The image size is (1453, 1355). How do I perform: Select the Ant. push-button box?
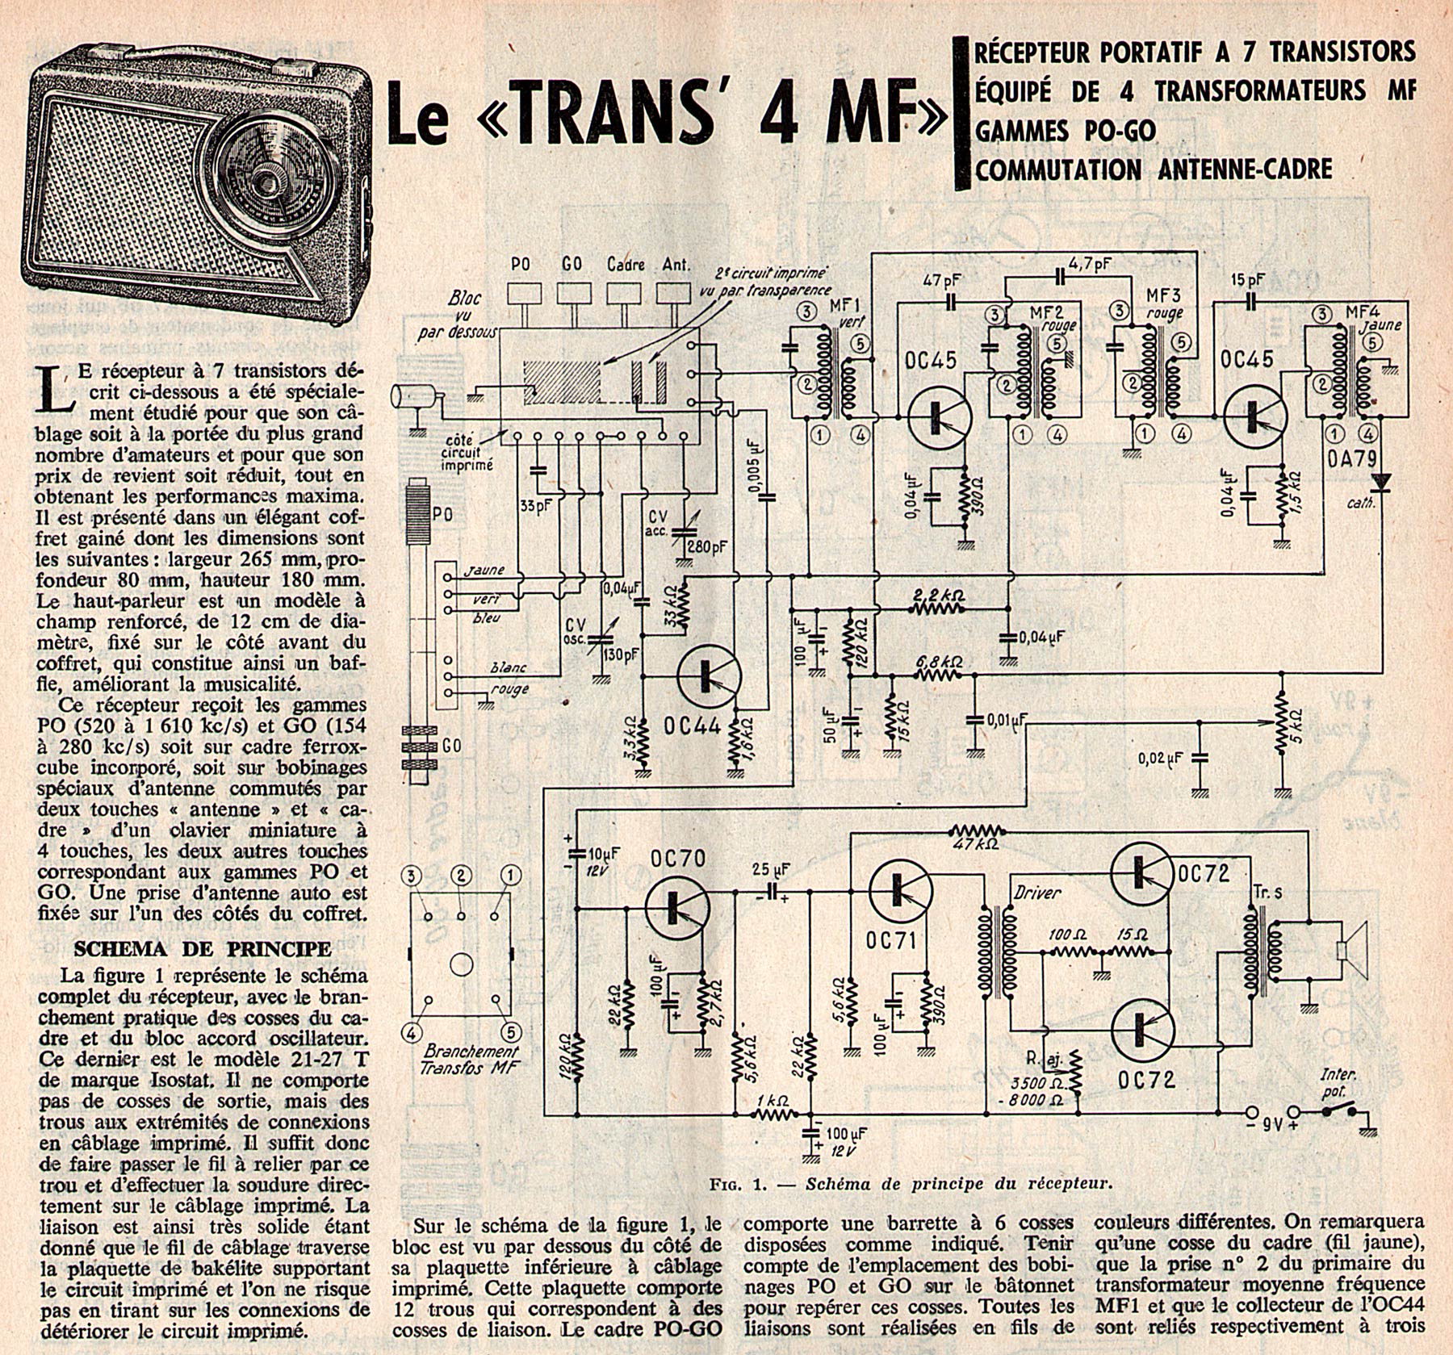[x=673, y=295]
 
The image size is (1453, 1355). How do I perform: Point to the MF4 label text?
[x=1363, y=309]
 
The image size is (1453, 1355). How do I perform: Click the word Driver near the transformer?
[x=1036, y=893]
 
